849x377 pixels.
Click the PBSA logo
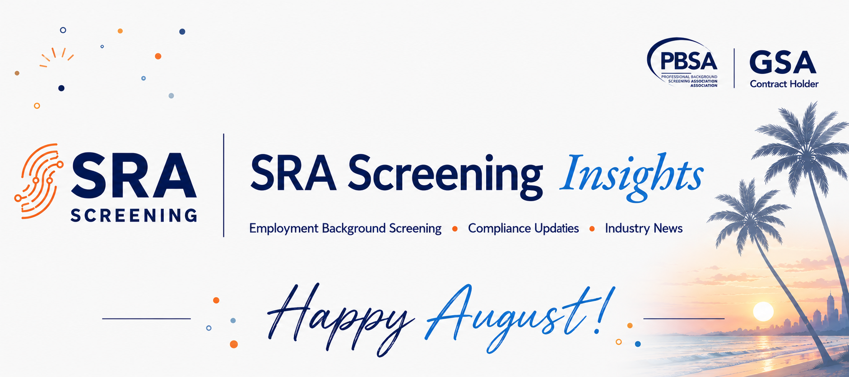tap(682, 63)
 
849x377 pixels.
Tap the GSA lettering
tap(783, 63)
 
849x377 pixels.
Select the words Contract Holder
tap(784, 84)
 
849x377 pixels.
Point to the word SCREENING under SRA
tap(134, 216)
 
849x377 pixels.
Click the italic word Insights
tap(631, 176)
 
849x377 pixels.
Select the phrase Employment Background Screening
tap(345, 229)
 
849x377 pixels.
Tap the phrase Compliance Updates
tap(523, 228)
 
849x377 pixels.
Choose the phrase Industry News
tap(644, 229)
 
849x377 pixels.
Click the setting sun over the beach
tap(763, 311)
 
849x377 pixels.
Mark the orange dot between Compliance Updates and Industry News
tap(592, 229)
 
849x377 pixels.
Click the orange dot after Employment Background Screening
tap(455, 229)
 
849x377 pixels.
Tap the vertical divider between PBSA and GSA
tap(734, 68)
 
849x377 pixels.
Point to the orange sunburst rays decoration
tap(57, 57)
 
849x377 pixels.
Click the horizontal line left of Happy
tap(146, 319)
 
